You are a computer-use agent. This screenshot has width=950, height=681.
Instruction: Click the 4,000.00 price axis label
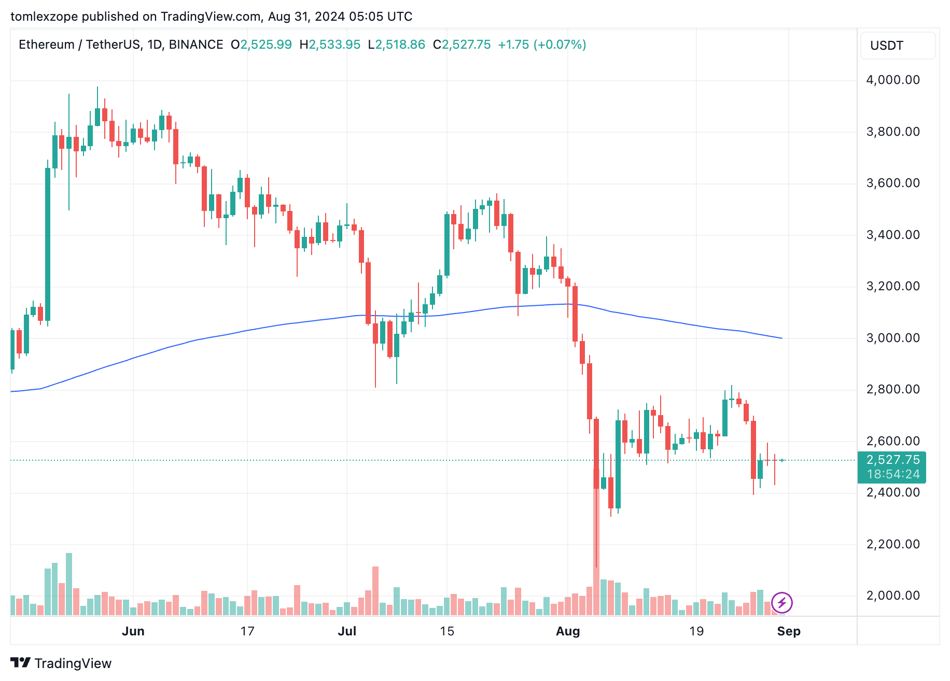pyautogui.click(x=892, y=80)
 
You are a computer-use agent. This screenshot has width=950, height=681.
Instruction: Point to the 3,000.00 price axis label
pyautogui.click(x=892, y=338)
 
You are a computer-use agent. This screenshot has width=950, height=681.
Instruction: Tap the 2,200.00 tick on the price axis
pyautogui.click(x=892, y=544)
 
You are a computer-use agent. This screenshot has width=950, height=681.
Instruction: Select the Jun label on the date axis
pyautogui.click(x=133, y=631)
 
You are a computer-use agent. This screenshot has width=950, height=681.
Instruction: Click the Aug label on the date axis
pyautogui.click(x=568, y=631)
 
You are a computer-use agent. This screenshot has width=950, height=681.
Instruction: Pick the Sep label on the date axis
pyautogui.click(x=789, y=631)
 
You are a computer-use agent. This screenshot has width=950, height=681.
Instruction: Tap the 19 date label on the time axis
pyautogui.click(x=696, y=631)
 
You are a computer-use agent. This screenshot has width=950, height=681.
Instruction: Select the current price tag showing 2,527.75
pyautogui.click(x=892, y=460)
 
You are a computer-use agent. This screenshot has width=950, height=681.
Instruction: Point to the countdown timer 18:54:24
pyautogui.click(x=892, y=474)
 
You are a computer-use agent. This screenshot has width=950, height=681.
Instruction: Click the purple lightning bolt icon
pyautogui.click(x=781, y=603)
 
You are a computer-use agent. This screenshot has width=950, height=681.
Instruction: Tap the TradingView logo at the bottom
pyautogui.click(x=61, y=663)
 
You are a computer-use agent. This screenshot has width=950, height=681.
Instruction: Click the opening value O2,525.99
pyautogui.click(x=261, y=45)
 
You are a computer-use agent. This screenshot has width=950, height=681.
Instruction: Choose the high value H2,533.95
pyautogui.click(x=330, y=45)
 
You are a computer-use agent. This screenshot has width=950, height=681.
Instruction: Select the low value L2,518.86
pyautogui.click(x=397, y=45)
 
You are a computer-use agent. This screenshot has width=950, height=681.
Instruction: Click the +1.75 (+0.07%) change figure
pyautogui.click(x=542, y=45)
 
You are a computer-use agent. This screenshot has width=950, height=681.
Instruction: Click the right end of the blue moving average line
pyautogui.click(x=781, y=338)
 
